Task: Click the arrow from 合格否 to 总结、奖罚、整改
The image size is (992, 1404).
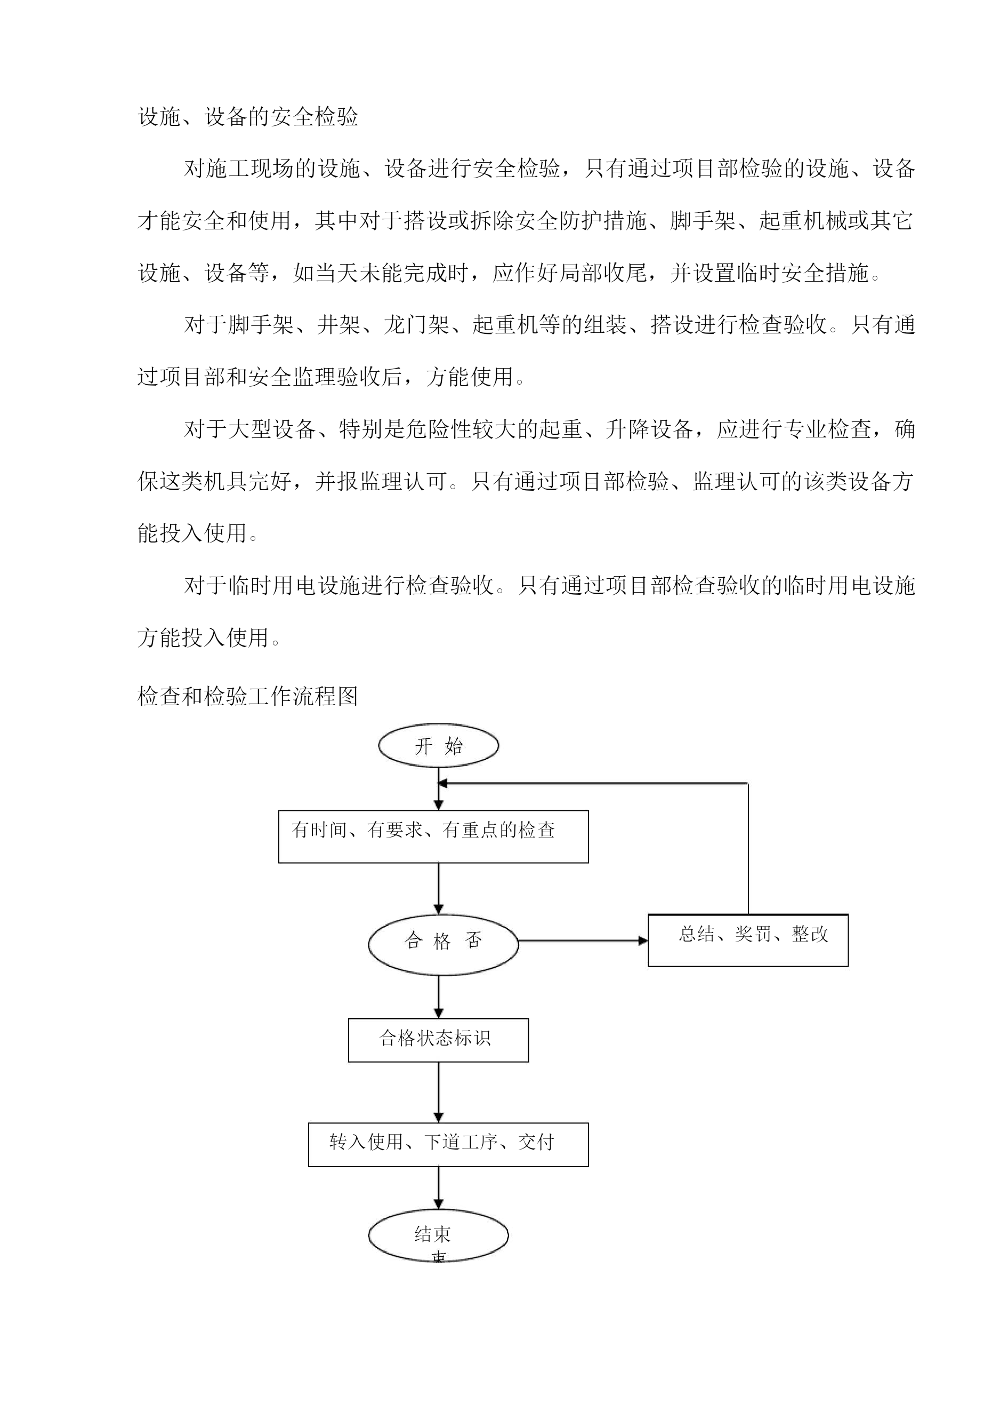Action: pos(583,940)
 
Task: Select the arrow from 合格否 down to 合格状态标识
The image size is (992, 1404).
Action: pos(438,997)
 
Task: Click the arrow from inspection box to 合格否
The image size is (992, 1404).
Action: pos(438,889)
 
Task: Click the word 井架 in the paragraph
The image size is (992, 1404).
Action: pos(338,325)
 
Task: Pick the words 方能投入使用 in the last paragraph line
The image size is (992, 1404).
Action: pos(204,638)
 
